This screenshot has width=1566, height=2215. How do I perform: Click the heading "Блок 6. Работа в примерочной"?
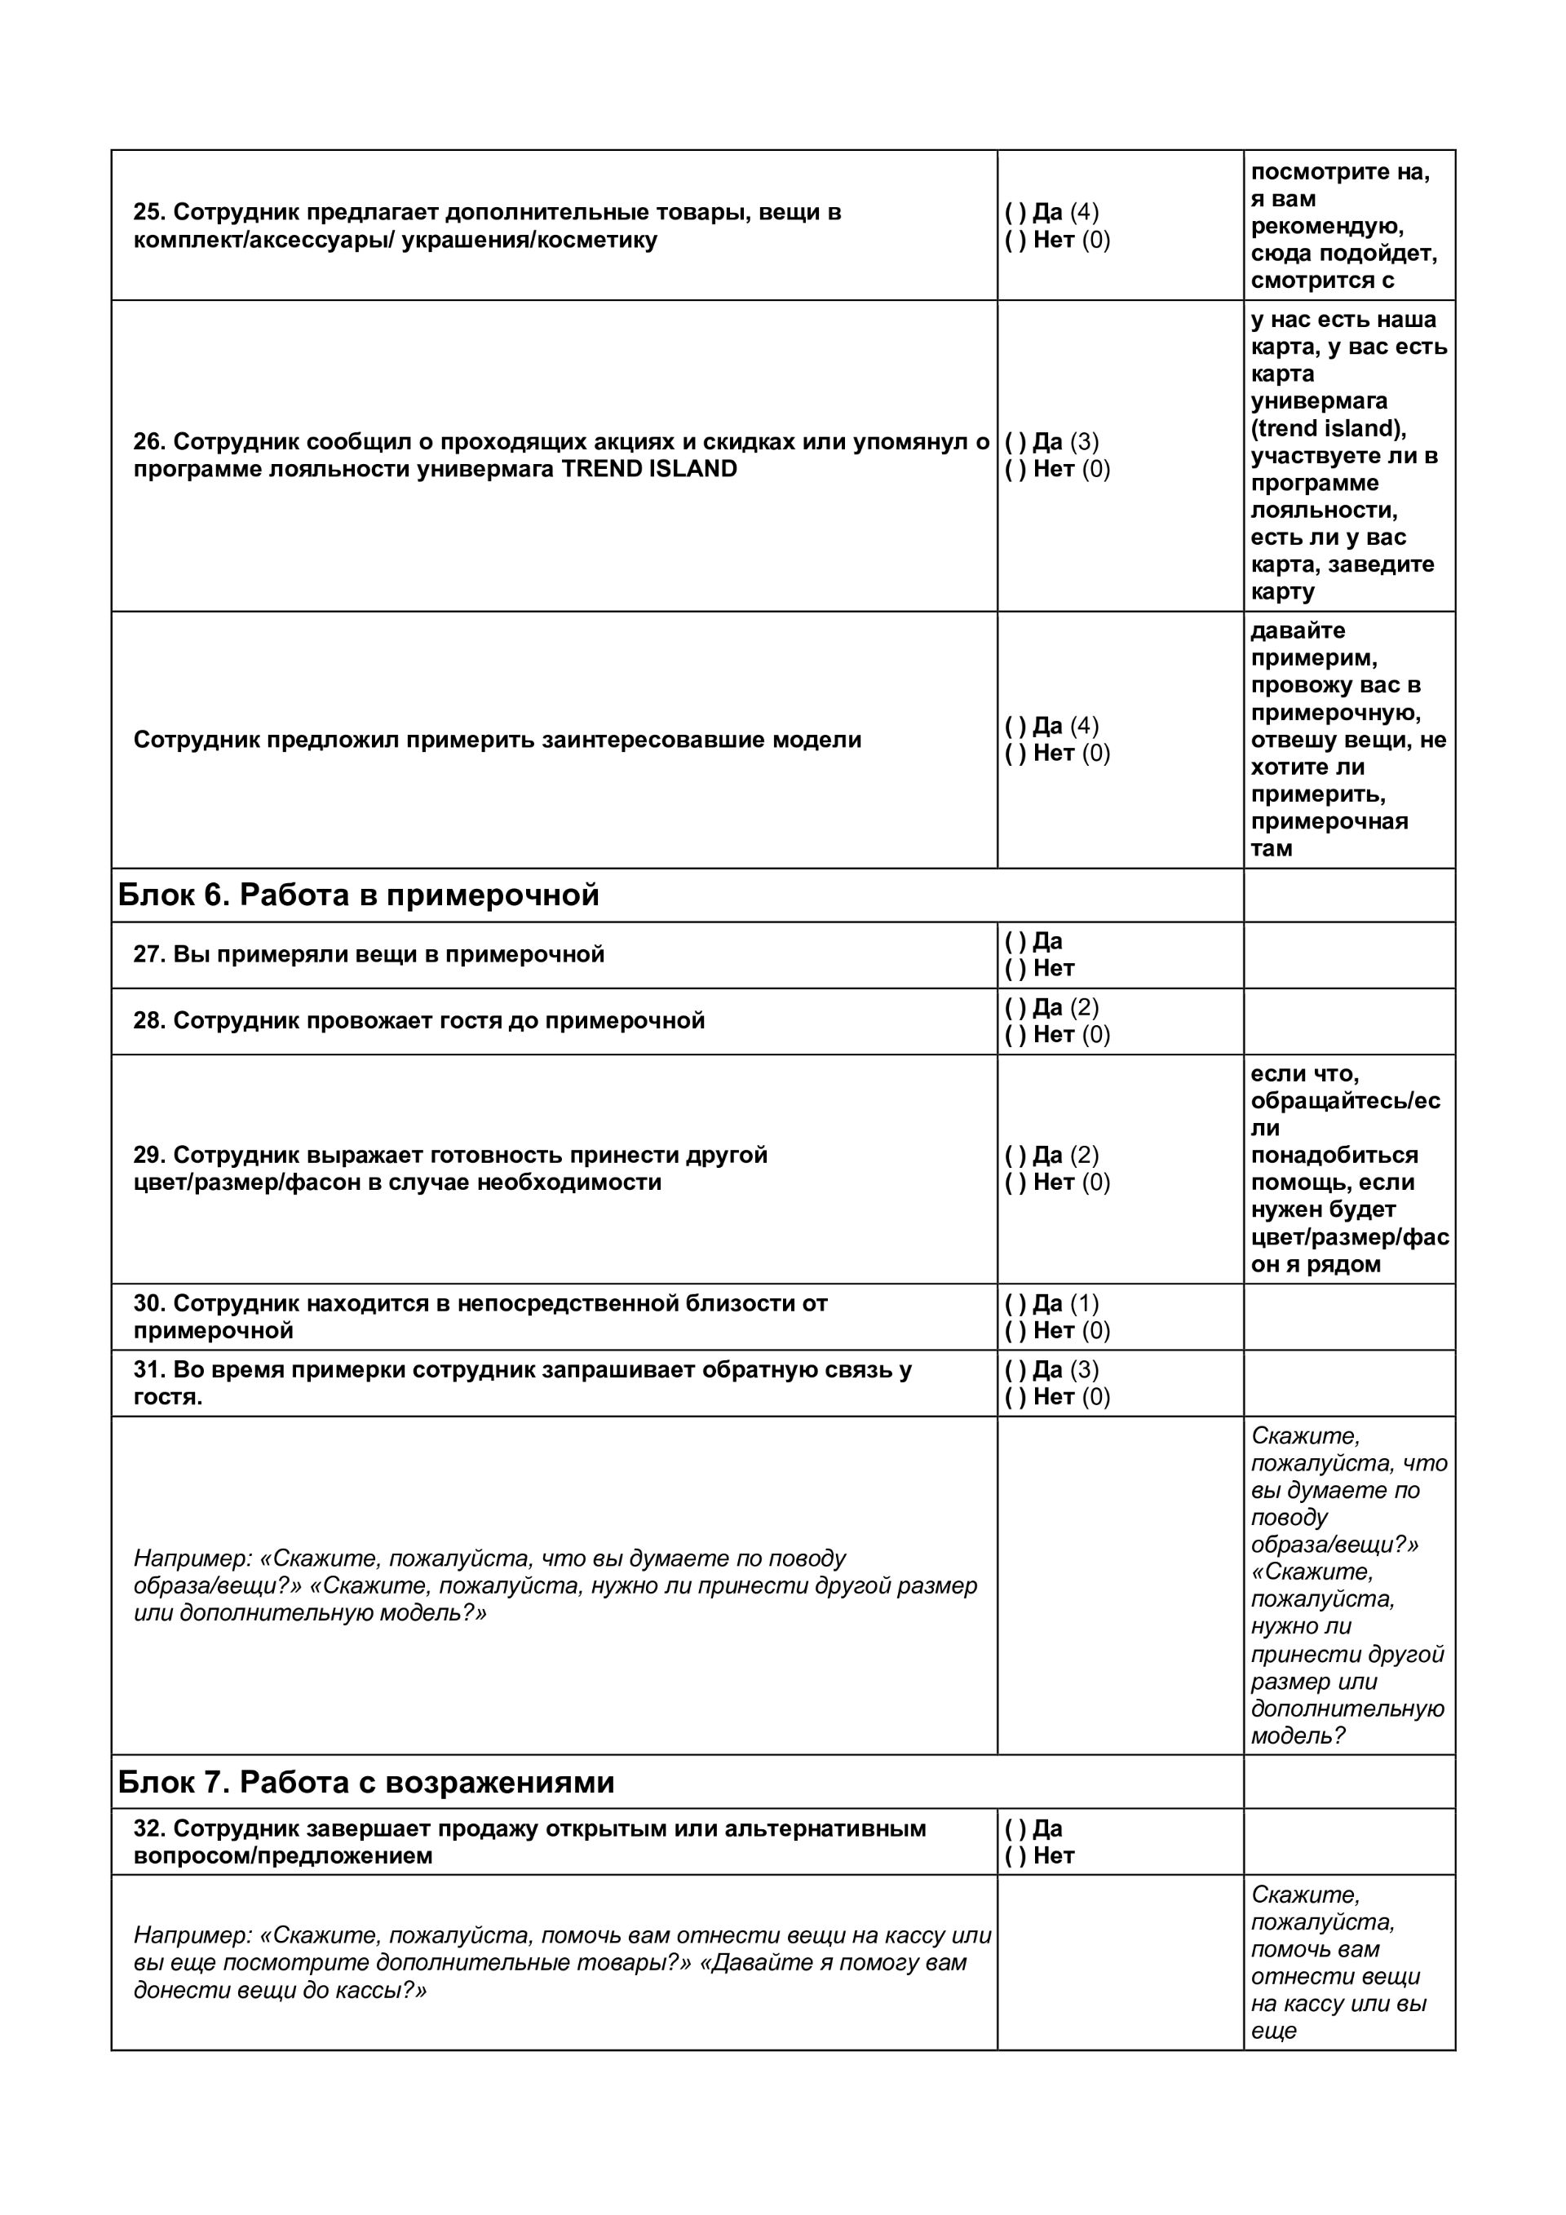(x=358, y=895)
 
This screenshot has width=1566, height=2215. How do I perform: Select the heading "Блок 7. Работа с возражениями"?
(x=365, y=1782)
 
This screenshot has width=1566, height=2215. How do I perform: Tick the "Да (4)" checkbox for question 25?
(x=1015, y=212)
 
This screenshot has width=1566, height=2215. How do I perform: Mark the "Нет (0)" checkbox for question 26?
(x=1015, y=470)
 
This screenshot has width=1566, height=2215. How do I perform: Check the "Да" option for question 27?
(x=1015, y=942)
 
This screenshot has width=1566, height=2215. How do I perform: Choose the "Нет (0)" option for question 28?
(x=1015, y=1035)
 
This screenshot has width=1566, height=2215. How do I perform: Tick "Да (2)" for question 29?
(x=1015, y=1156)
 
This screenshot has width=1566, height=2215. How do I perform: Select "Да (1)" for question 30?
(x=1015, y=1304)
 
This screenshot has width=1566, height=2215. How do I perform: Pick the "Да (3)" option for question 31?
(x=1015, y=1370)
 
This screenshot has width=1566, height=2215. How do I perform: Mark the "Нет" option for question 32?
(x=1015, y=1856)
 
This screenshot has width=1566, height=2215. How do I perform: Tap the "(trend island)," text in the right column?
(x=1329, y=428)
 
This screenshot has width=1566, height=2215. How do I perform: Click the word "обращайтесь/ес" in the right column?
(x=1345, y=1101)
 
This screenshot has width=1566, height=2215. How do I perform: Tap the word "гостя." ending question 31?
(x=168, y=1397)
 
